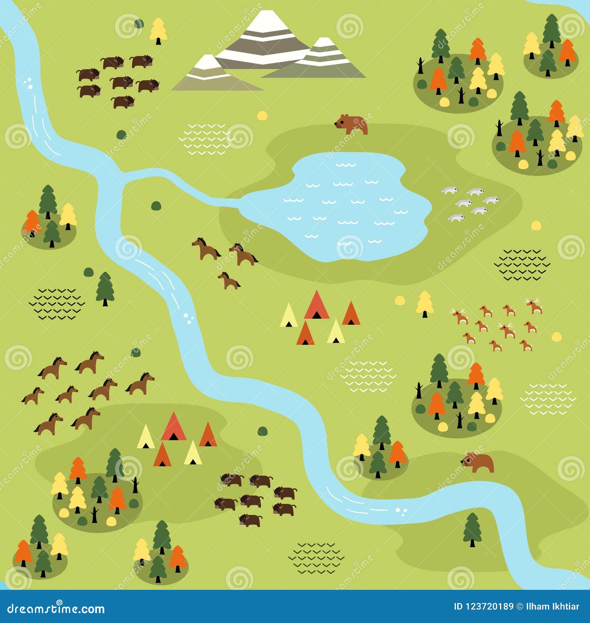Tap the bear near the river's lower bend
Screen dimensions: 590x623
point(478,462)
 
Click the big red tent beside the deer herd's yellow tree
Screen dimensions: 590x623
point(316,305)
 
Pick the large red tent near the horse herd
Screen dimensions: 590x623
point(173,427)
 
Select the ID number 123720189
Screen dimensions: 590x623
point(483,606)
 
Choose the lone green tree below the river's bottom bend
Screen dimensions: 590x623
point(472,529)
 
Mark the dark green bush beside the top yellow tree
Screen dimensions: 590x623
point(139,24)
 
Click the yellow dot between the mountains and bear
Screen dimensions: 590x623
point(262,115)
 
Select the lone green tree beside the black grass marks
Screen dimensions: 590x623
point(105,288)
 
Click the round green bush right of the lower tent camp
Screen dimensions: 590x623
point(262,431)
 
